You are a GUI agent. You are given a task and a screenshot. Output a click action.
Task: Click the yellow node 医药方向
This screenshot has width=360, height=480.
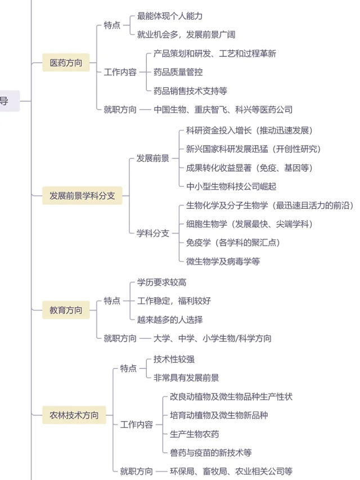tap(66, 63)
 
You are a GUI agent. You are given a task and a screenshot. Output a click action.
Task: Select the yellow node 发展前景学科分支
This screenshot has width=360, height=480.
tap(82, 196)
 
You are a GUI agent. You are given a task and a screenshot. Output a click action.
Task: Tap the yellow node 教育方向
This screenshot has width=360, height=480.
tap(66, 310)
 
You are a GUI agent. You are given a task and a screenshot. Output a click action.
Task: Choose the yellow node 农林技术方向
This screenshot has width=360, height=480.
tap(74, 416)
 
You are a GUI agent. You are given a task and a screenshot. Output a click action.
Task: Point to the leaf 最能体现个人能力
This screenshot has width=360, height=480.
tap(170, 16)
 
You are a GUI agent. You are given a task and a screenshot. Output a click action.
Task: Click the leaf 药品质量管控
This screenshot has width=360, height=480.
tap(178, 72)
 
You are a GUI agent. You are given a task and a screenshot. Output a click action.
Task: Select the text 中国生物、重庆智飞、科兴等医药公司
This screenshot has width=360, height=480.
tap(223, 110)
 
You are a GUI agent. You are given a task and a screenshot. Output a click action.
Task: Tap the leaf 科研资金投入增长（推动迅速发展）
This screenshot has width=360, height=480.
tap(249, 131)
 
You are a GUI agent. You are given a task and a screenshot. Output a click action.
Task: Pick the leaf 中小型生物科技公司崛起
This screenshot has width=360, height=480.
tap(231, 186)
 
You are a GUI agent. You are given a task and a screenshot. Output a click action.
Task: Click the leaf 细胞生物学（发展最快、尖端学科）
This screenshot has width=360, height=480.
tap(249, 224)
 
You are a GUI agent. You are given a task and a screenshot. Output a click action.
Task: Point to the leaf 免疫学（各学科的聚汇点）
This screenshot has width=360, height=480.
tap(233, 243)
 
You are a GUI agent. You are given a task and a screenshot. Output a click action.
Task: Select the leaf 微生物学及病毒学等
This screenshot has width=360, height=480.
tap(223, 261)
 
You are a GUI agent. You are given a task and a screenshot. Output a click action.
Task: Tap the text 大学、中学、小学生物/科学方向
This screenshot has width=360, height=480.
tap(212, 338)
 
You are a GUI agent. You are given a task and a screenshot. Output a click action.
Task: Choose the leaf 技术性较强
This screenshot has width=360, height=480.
tap(174, 359)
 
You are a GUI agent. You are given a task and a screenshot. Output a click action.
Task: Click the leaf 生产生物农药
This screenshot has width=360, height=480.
tap(195, 434)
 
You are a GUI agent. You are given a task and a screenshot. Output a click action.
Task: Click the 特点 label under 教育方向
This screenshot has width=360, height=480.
tap(112, 301)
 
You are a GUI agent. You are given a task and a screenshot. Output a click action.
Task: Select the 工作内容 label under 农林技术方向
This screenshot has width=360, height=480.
tap(137, 425)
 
